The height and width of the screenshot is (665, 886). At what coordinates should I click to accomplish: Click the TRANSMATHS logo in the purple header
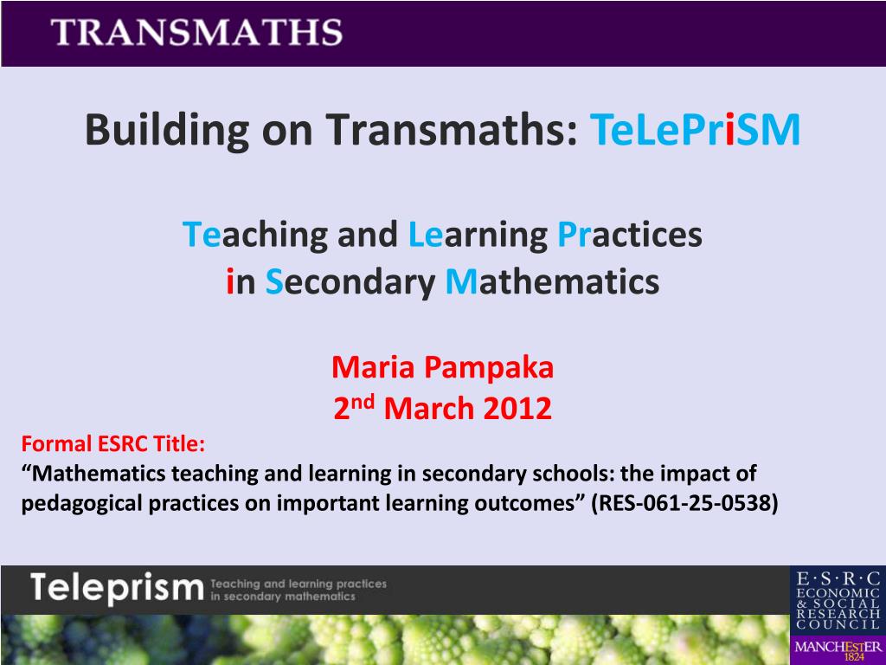point(196,32)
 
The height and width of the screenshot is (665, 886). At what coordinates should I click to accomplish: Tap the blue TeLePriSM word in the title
point(695,129)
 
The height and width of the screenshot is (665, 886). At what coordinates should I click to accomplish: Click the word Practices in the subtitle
point(630,234)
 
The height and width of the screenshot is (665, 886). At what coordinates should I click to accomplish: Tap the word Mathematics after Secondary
point(553,281)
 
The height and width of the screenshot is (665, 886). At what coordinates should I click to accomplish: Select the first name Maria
point(373,367)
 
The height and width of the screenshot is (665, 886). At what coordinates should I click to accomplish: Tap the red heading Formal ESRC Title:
point(113,444)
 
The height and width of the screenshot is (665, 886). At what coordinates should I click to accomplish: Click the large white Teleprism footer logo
point(117,588)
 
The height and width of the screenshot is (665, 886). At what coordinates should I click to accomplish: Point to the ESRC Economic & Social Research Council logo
point(838,601)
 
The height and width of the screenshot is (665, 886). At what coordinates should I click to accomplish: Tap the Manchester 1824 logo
point(838,650)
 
